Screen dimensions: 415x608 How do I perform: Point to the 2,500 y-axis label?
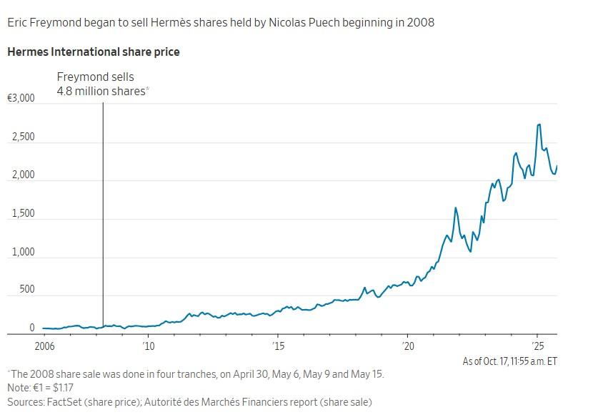coord(23,137)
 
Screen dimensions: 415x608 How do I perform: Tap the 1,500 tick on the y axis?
coord(23,214)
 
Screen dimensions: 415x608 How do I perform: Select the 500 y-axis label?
coord(26,290)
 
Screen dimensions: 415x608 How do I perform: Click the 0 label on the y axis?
coord(31,328)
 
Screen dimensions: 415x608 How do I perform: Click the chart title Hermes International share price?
coord(93,52)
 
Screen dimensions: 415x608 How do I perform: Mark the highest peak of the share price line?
coord(539,125)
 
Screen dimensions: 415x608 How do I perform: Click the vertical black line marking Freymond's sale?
coord(103,215)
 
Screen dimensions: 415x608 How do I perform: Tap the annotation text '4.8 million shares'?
coord(101,91)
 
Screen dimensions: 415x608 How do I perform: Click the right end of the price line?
coord(557,167)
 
